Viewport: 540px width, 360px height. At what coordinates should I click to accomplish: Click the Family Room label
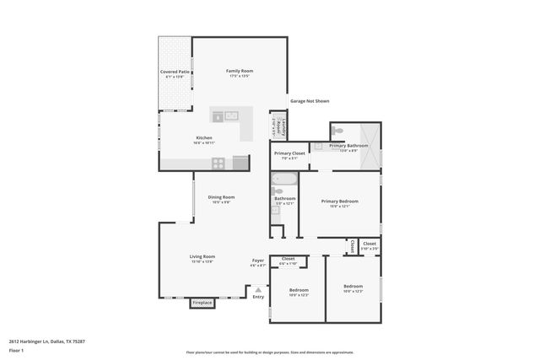pyautogui.click(x=240, y=71)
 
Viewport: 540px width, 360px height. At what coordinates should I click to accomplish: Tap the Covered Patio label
pyautogui.click(x=175, y=73)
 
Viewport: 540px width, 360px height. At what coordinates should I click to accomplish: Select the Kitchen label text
pyautogui.click(x=204, y=137)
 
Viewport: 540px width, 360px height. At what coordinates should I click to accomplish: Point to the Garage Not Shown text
pyautogui.click(x=310, y=101)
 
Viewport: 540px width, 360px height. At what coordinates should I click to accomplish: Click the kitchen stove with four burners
pyautogui.click(x=219, y=163)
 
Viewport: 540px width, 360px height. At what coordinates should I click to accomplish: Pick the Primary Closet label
pyautogui.click(x=289, y=153)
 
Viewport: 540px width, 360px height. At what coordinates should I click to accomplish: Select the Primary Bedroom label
pyautogui.click(x=340, y=201)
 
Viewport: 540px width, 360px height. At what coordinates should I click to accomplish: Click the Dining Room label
pyautogui.click(x=221, y=197)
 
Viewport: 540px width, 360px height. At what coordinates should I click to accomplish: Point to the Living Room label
pyautogui.click(x=202, y=256)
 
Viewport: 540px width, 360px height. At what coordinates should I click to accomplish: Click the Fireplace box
pyautogui.click(x=202, y=302)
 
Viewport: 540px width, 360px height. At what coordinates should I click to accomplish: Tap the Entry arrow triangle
pyautogui.click(x=258, y=289)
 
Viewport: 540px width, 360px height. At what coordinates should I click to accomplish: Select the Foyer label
pyautogui.click(x=258, y=261)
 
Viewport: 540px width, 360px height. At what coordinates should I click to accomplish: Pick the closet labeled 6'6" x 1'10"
pyautogui.click(x=288, y=260)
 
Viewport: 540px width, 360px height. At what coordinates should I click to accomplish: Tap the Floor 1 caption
pyautogui.click(x=16, y=350)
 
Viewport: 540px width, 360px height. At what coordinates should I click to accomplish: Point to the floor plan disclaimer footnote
pyautogui.click(x=269, y=352)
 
